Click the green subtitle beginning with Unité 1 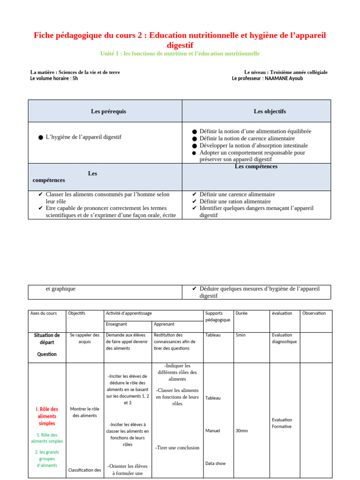tap(180, 53)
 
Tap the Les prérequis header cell tap(108, 111)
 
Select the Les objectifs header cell tap(270, 111)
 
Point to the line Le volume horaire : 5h tap(54, 78)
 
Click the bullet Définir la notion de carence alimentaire tap(247, 138)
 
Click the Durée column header tap(241, 313)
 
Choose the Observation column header tap(314, 313)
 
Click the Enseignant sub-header tap(116, 324)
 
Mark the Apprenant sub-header tap(164, 324)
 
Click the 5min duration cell tap(240, 335)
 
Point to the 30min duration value tap(241, 430)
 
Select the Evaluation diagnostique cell tap(284, 338)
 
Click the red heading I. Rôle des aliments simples tap(47, 416)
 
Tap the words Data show tap(215, 463)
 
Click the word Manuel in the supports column tap(212, 430)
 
